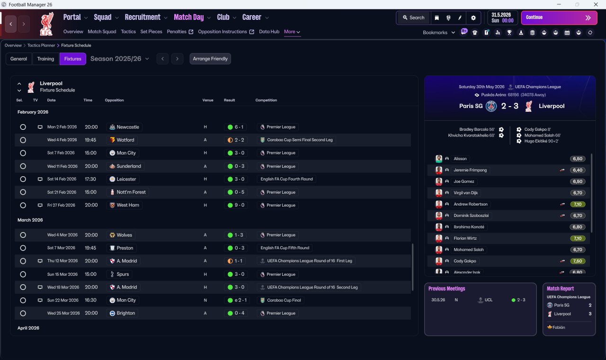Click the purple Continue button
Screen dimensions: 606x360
(x=559, y=18)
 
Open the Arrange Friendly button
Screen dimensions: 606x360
(x=210, y=59)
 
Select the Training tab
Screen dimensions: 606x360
(x=45, y=59)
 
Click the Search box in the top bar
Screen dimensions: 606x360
(x=413, y=18)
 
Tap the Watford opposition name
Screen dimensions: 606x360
(x=125, y=140)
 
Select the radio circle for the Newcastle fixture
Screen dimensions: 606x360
(x=23, y=127)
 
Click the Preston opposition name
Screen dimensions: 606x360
(x=125, y=248)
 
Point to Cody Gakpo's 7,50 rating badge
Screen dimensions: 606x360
(x=578, y=261)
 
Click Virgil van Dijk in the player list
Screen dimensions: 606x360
(x=465, y=193)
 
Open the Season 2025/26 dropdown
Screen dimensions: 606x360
(x=120, y=59)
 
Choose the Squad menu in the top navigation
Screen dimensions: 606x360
(x=103, y=18)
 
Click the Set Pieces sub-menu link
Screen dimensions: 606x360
(x=151, y=32)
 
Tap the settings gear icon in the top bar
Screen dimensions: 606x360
(x=473, y=18)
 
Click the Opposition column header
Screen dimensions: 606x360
(x=114, y=100)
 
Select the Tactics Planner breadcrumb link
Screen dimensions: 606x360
(x=41, y=45)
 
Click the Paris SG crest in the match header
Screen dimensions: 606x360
(x=491, y=106)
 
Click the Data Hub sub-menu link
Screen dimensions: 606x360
(x=269, y=32)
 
